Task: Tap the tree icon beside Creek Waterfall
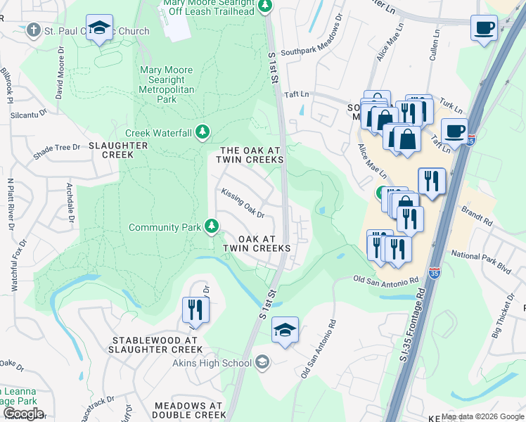(203, 132)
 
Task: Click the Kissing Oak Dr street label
(243, 201)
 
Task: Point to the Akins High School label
(212, 363)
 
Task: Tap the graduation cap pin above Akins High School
(285, 329)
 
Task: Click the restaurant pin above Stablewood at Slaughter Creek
(195, 309)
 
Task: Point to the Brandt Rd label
(477, 215)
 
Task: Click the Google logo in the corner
(23, 414)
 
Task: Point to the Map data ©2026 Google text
(482, 416)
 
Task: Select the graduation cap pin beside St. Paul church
(100, 28)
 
